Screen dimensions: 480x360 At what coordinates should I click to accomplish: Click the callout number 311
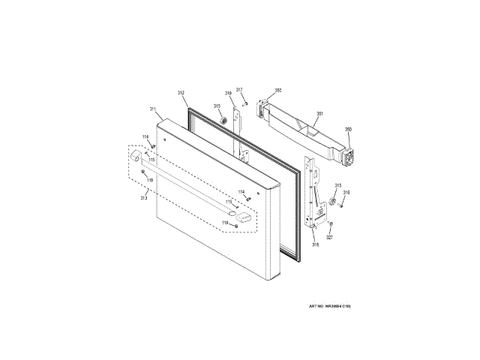click(x=153, y=109)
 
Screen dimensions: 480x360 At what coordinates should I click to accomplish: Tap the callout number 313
click(x=143, y=198)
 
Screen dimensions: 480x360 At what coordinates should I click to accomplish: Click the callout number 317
click(x=239, y=90)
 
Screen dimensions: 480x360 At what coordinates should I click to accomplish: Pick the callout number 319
click(x=228, y=93)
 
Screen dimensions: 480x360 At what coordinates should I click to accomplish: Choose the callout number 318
click(x=316, y=245)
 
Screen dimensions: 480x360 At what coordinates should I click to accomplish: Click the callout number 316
click(x=346, y=193)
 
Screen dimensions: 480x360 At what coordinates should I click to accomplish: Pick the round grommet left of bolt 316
click(x=330, y=200)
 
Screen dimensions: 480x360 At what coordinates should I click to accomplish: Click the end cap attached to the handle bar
click(x=136, y=157)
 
